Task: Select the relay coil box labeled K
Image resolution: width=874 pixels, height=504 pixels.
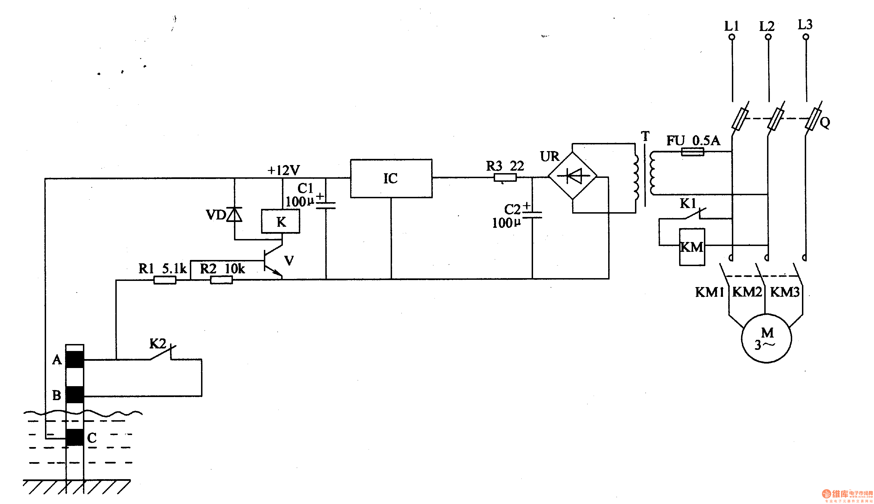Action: pos(280,221)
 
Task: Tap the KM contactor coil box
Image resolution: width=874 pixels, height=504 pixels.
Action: pos(692,247)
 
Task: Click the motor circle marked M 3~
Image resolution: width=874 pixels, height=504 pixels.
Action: pos(766,338)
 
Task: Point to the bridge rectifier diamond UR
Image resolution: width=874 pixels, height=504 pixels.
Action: pos(573,176)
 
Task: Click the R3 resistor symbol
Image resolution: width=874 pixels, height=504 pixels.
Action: pos(505,178)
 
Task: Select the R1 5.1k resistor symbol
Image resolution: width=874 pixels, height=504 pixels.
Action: pos(165,280)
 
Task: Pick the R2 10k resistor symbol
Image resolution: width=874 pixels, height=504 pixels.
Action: pos(221,280)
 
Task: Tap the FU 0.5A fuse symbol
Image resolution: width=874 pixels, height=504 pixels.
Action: pos(692,152)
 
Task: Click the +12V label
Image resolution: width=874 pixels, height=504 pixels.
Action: pos(283,170)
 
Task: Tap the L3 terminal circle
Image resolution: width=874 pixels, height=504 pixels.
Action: pos(806,37)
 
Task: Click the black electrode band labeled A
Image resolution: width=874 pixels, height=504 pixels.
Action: pos(75,359)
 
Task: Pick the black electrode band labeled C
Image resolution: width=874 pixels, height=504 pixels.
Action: pos(75,437)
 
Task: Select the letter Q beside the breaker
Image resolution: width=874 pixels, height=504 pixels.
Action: pos(825,123)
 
